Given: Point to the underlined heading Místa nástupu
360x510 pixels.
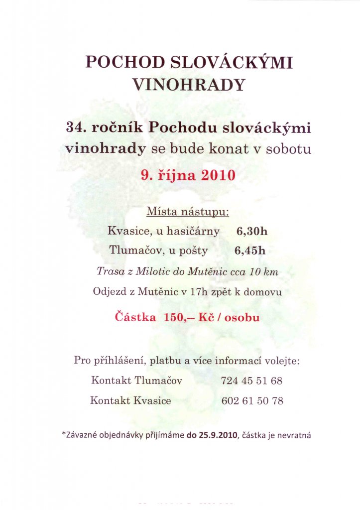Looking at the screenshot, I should [x=188, y=212].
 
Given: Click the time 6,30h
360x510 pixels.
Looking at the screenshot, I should [x=252, y=231].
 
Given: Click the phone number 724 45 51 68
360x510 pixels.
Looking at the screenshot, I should [x=251, y=381].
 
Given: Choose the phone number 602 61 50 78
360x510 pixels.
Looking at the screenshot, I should [x=252, y=400].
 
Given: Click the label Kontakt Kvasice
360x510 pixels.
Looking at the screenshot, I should [x=130, y=400].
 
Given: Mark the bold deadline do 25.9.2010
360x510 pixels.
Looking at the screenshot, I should [x=213, y=435].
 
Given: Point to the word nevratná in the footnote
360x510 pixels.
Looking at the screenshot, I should [x=295, y=435].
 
